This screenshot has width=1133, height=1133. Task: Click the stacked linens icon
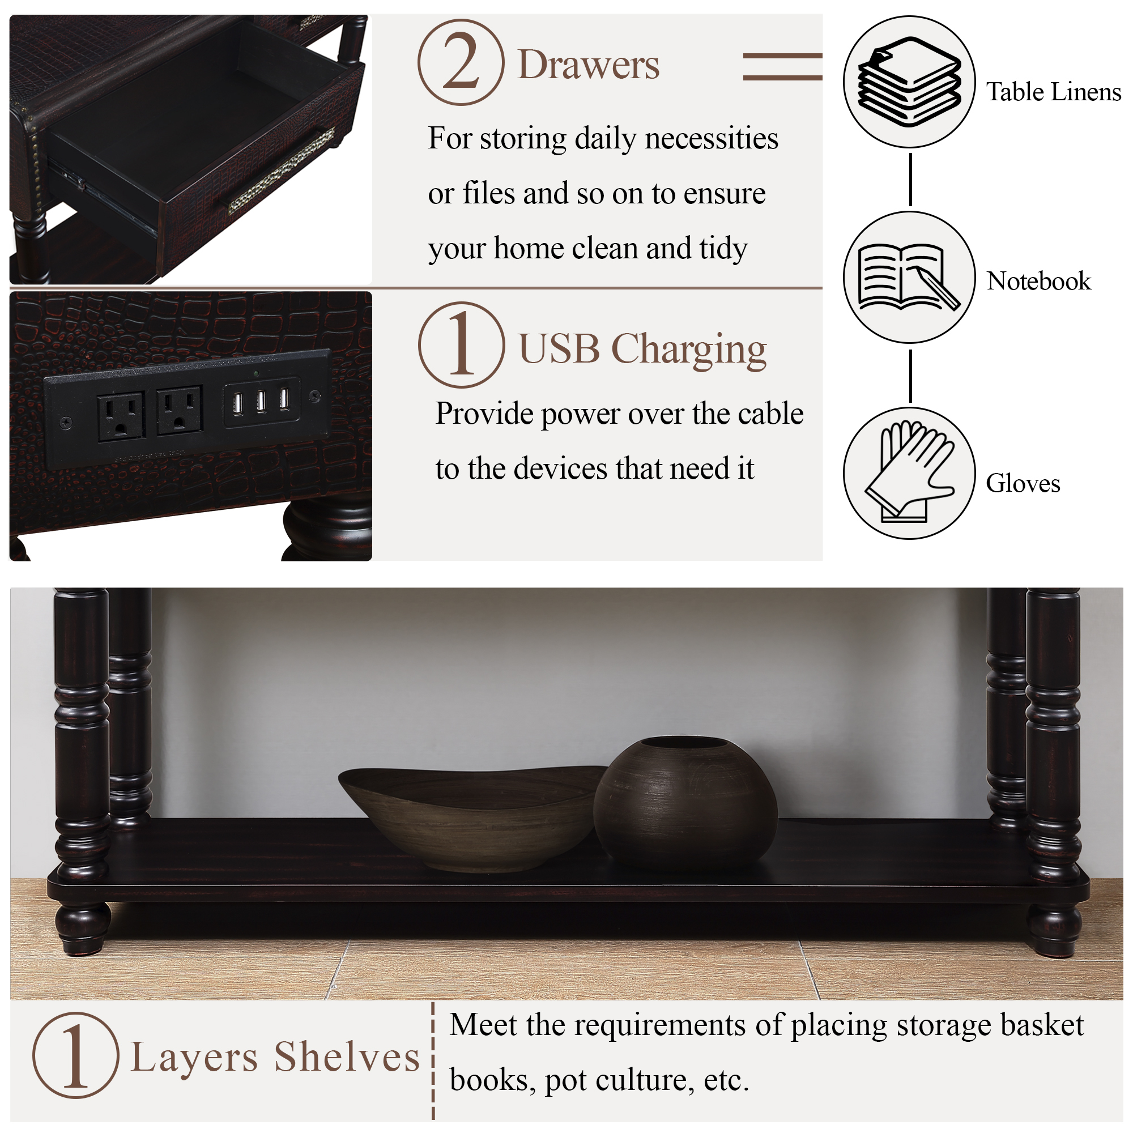tap(910, 82)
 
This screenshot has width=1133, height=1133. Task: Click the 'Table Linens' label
tap(1053, 92)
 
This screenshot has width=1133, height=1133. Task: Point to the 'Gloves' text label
tap(1023, 483)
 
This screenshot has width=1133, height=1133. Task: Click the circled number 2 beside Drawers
tap(461, 62)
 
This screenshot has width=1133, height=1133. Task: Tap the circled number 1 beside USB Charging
tap(462, 345)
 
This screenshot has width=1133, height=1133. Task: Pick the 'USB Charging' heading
tap(643, 350)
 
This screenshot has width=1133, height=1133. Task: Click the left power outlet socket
tap(121, 416)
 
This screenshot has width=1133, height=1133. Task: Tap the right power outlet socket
tap(180, 410)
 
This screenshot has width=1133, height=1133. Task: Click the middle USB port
tap(261, 402)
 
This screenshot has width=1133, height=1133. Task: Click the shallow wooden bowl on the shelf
tap(472, 819)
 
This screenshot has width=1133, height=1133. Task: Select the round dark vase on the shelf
tap(685, 802)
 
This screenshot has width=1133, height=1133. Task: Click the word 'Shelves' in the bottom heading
tap(347, 1057)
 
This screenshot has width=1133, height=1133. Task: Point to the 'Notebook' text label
tap(1038, 281)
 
